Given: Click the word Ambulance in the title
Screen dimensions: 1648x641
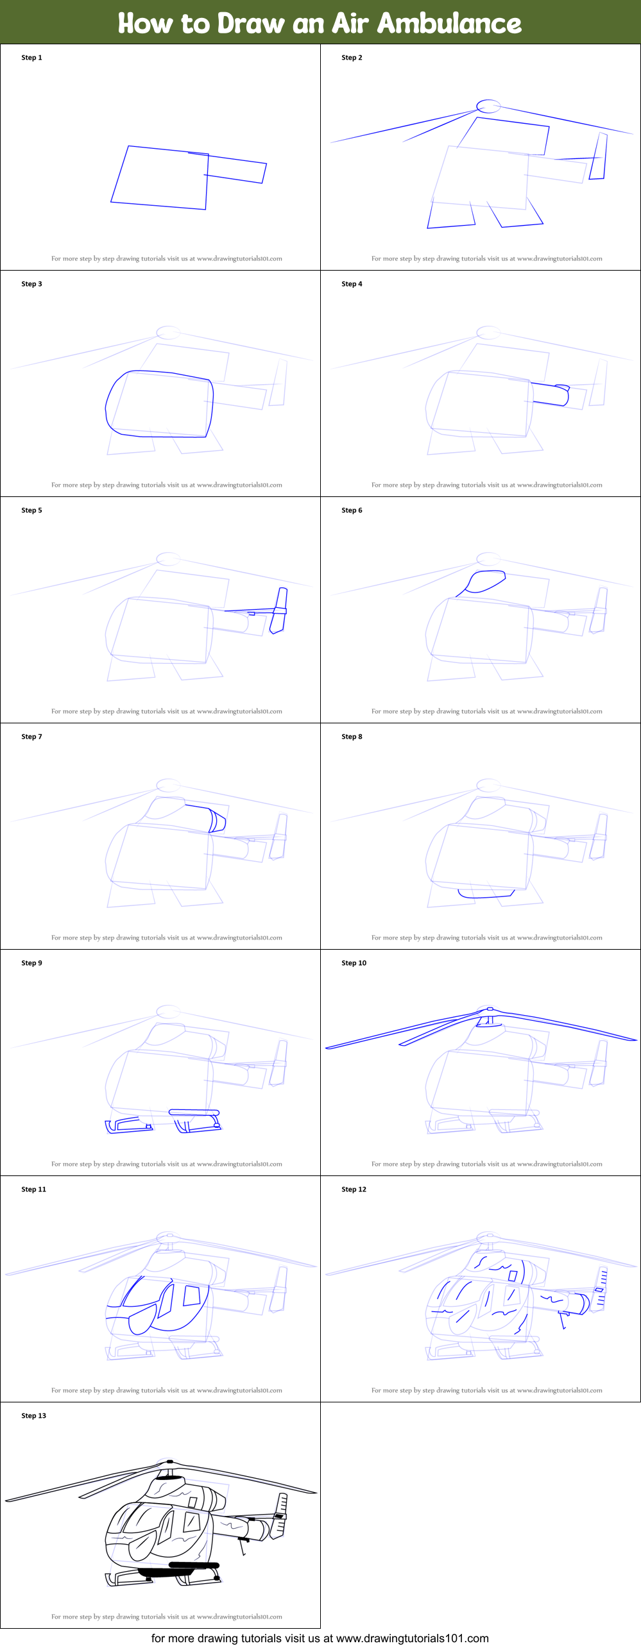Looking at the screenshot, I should (x=449, y=23).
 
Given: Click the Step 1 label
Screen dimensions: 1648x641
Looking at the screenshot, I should (x=31, y=58).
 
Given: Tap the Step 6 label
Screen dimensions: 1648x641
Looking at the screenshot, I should (x=352, y=510).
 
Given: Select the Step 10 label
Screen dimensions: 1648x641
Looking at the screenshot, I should (x=354, y=963).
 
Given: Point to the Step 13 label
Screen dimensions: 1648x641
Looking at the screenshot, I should (x=33, y=1416).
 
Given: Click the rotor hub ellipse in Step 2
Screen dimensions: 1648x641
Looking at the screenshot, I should (x=488, y=106).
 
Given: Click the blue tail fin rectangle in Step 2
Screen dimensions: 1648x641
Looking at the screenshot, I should (x=598, y=156).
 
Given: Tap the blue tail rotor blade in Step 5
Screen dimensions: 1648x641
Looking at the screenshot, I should (x=279, y=610).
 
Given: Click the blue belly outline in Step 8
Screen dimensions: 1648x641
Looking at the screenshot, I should (x=486, y=894).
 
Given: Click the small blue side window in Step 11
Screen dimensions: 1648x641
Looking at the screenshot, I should (x=191, y=1295).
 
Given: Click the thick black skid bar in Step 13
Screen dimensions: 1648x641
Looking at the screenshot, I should (x=193, y=1565).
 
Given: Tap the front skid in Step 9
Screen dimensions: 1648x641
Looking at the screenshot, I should (x=129, y=1125).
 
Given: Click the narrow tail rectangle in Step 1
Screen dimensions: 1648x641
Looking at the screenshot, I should (x=235, y=169).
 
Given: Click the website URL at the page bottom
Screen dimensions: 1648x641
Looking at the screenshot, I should (x=412, y=1638).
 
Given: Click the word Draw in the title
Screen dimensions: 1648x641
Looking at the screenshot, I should (x=251, y=23).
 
